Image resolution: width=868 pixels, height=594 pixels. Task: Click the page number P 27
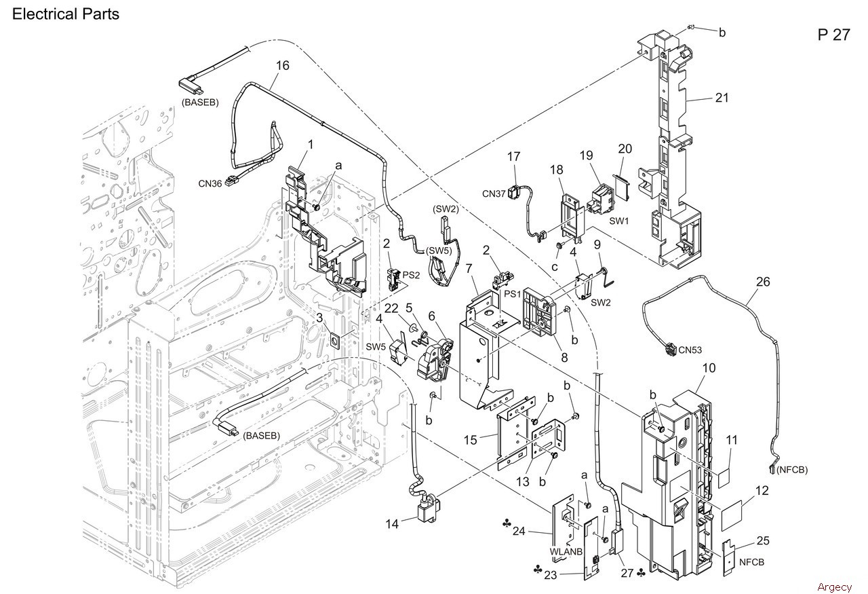point(833,35)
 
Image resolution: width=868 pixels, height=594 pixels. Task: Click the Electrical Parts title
point(66,14)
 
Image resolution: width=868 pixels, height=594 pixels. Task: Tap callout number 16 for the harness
point(282,66)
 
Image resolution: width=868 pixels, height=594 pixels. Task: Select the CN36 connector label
point(210,183)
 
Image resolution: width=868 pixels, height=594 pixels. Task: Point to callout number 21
point(722,98)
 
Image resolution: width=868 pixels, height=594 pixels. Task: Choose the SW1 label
point(618,221)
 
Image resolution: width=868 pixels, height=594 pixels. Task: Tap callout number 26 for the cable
point(763,282)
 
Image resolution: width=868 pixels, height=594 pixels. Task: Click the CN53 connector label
point(690,350)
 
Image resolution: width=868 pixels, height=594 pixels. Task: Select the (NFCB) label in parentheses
point(792,470)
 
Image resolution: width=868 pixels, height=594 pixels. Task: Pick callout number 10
point(709,367)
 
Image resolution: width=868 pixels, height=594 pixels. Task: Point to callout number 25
point(763,540)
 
